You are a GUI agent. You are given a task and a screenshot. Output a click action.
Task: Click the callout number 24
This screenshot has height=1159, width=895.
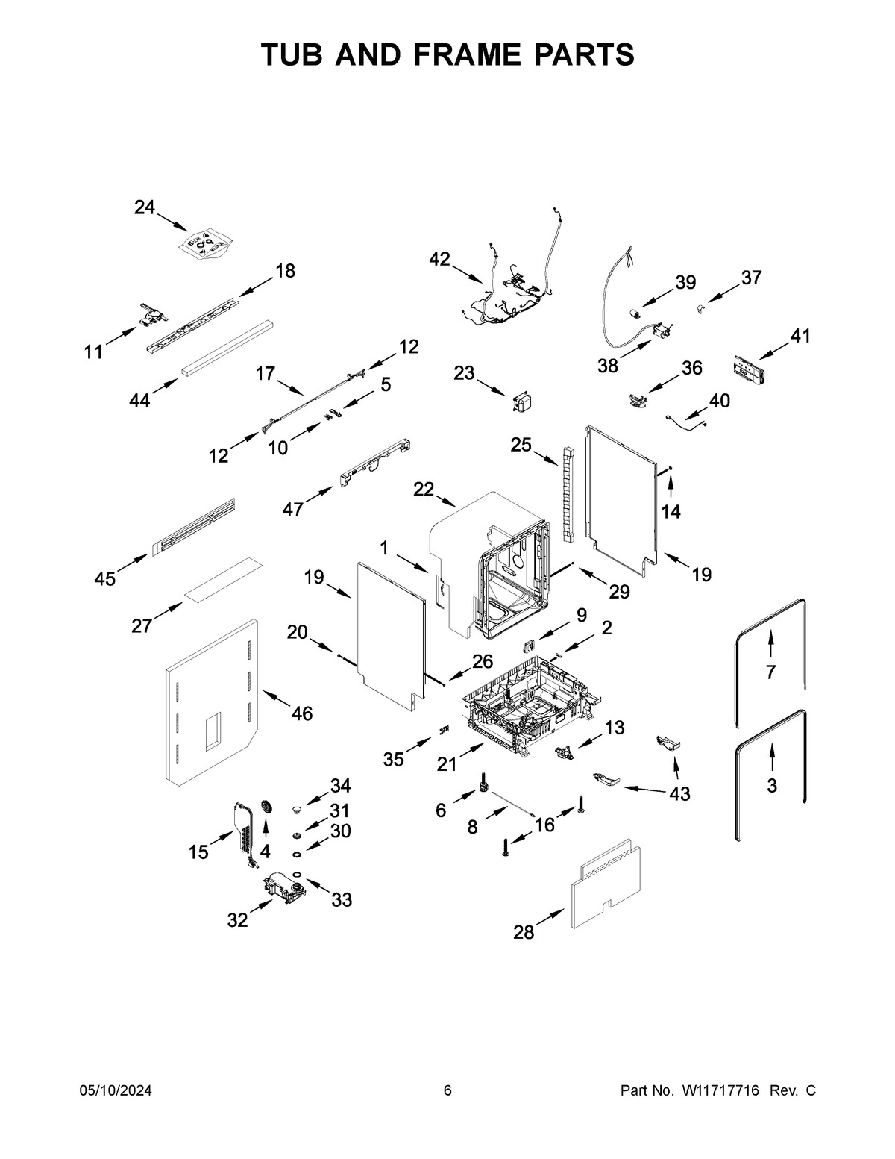point(145,207)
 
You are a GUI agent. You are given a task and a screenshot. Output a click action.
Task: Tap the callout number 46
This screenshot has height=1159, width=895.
point(301,713)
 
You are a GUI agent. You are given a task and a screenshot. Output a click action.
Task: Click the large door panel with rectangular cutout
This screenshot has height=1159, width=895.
point(210,702)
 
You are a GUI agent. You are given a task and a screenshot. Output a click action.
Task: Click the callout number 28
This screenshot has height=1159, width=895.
point(524,932)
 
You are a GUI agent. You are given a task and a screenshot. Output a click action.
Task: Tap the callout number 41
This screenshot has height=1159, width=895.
point(800,336)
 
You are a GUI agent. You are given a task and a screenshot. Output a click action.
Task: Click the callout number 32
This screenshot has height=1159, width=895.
point(237,920)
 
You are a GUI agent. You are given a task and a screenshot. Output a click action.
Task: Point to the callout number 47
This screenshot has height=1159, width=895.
point(293,509)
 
